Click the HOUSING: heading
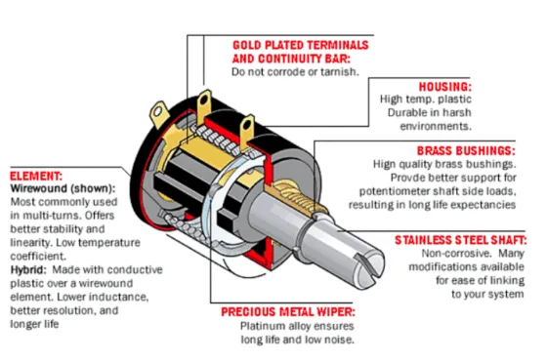(444, 86)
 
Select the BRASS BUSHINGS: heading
(465, 151)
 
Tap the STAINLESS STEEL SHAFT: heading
(461, 239)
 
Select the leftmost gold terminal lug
(159, 114)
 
